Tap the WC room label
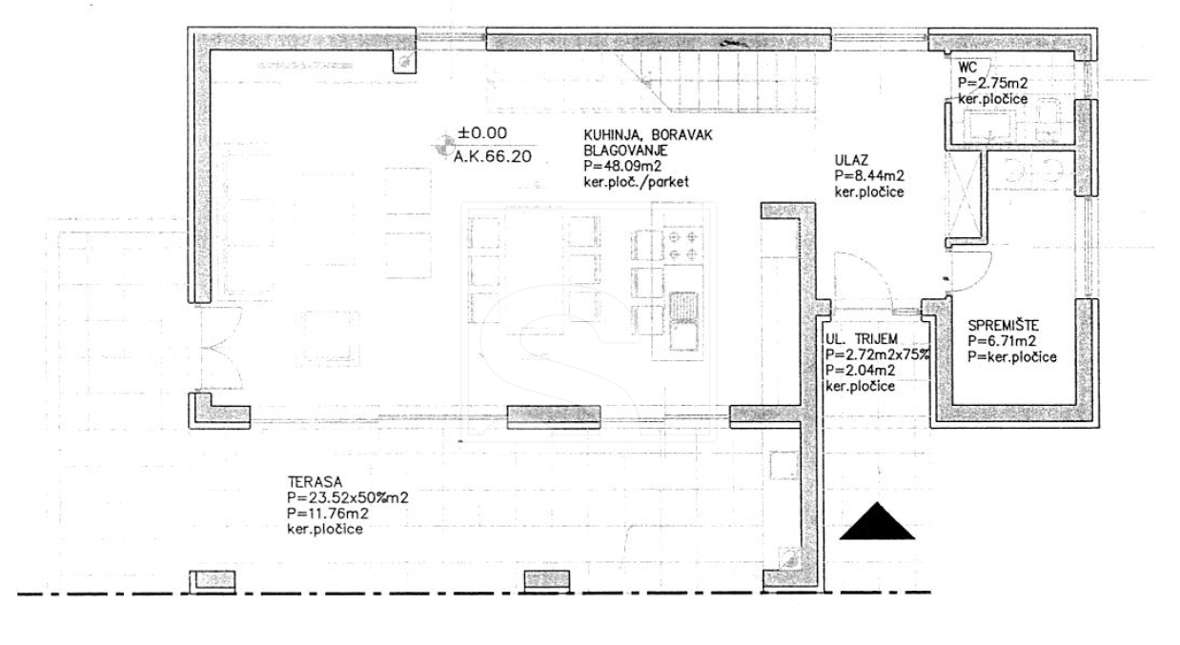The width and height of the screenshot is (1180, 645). click(x=967, y=68)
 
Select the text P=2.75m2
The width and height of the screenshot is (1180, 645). click(x=992, y=83)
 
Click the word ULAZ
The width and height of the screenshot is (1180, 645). click(x=851, y=160)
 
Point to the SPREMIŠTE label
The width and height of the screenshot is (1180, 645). click(x=1004, y=326)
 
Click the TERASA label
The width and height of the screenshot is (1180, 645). click(x=315, y=482)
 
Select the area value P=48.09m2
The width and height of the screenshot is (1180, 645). click(x=622, y=167)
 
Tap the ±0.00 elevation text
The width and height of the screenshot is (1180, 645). click(x=482, y=132)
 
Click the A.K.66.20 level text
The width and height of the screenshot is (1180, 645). click(x=493, y=156)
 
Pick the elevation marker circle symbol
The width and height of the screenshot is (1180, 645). click(x=444, y=146)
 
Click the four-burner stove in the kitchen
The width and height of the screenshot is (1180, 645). click(x=683, y=246)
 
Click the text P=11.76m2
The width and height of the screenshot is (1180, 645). click(x=328, y=514)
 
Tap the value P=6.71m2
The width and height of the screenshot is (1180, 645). click(x=1002, y=341)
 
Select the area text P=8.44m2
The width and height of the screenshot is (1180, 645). click(x=869, y=176)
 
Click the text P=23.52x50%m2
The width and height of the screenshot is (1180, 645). click(x=348, y=497)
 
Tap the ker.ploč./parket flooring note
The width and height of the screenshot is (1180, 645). click(x=636, y=182)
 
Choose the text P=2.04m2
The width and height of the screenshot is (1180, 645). click(x=861, y=371)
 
